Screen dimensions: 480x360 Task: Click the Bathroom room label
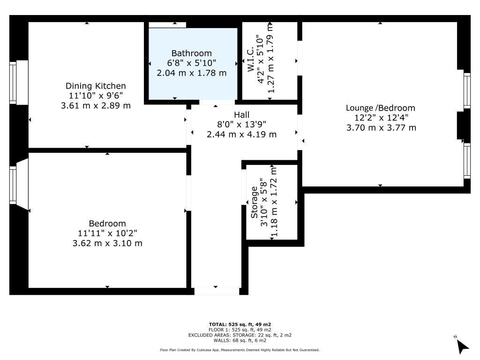tap(192, 53)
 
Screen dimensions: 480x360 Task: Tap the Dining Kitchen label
tap(96, 86)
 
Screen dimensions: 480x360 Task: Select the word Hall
tap(241, 115)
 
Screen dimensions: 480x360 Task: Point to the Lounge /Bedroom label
tap(381, 108)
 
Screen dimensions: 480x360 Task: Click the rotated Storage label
tap(254, 202)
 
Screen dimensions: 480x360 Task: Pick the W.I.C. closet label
tap(250, 60)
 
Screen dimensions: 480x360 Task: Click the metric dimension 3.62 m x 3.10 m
tap(107, 243)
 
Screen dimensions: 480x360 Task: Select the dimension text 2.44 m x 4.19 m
tap(241, 135)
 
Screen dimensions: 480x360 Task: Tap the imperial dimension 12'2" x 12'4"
tap(381, 118)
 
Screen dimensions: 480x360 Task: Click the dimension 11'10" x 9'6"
tap(96, 96)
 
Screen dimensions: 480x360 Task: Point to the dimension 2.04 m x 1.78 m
tap(192, 73)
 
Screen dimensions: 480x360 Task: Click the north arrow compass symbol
tap(462, 346)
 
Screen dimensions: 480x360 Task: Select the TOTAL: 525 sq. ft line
tap(240, 324)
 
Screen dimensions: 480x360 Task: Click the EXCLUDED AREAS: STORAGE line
tap(240, 335)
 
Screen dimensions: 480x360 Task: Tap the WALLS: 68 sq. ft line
tap(240, 340)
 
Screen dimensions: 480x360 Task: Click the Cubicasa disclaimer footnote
tap(240, 350)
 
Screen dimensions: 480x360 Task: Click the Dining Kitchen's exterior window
tap(13, 82)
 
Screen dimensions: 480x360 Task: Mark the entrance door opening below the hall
tap(217, 292)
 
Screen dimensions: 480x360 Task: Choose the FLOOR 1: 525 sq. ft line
tap(240, 330)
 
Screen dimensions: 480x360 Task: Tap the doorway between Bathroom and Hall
tap(217, 102)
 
